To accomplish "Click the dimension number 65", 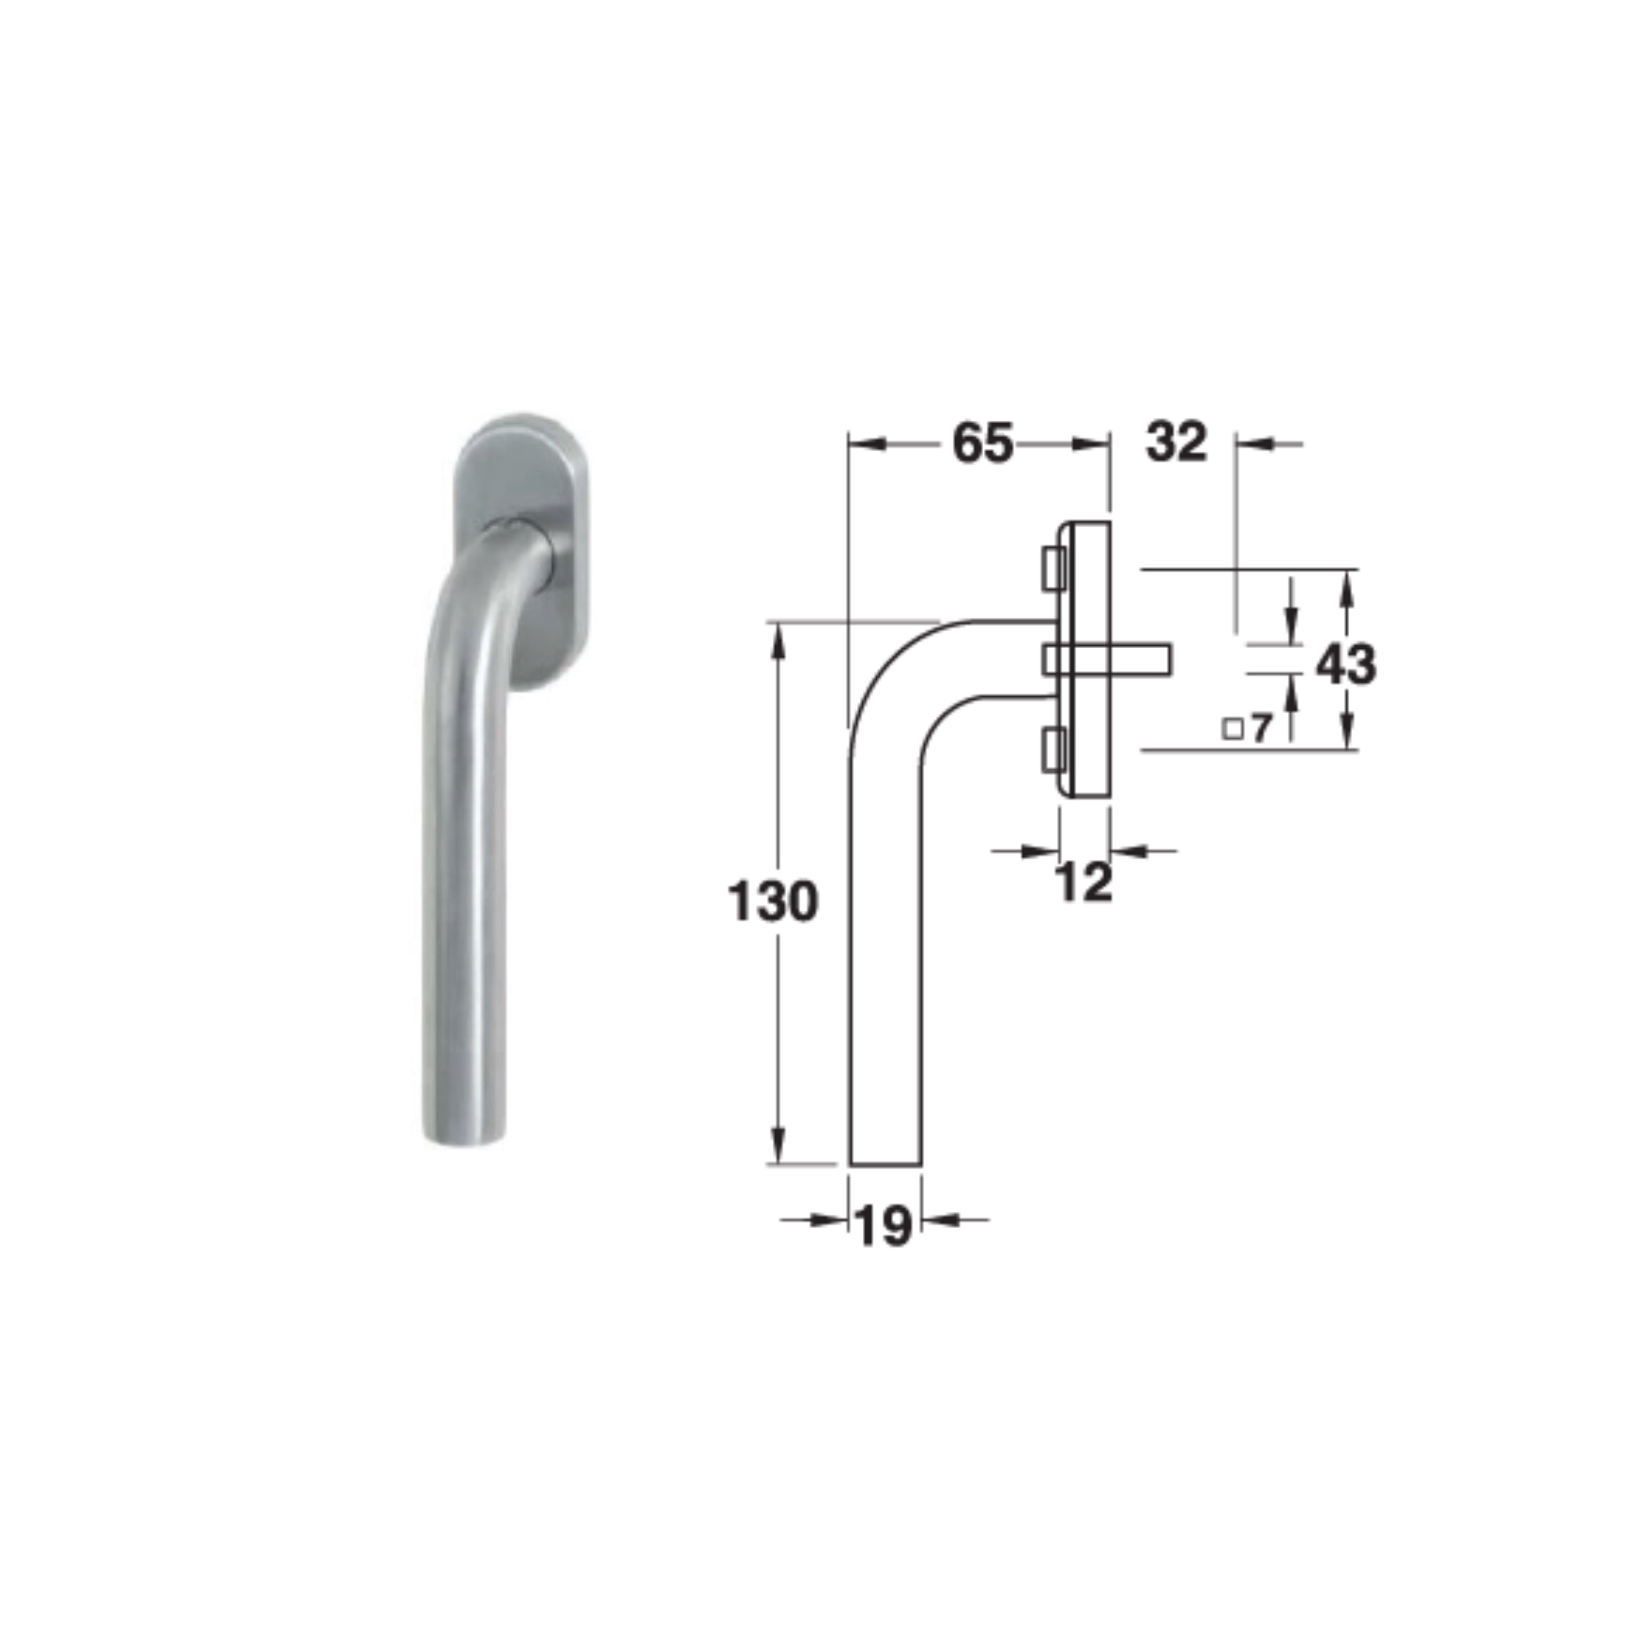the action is pos(982,443).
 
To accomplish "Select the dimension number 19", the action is pos(883,1226).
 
